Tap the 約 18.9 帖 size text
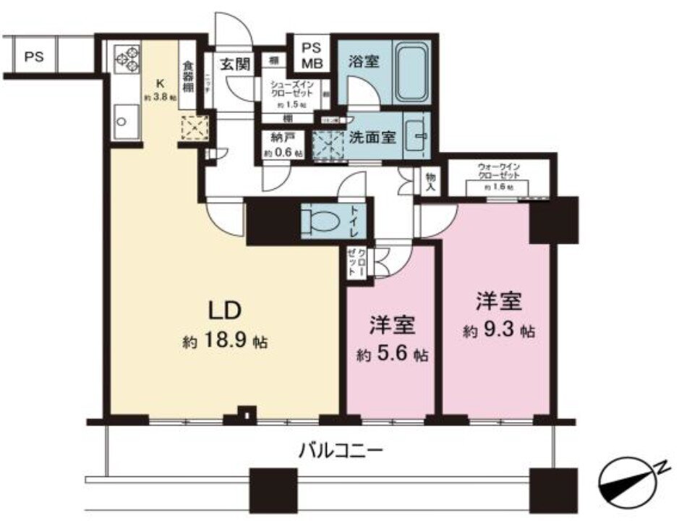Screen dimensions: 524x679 [x=225, y=342]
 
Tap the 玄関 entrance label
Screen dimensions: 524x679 [x=236, y=64]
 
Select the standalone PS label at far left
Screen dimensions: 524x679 [x=32, y=56]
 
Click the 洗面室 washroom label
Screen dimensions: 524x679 [x=374, y=135]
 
